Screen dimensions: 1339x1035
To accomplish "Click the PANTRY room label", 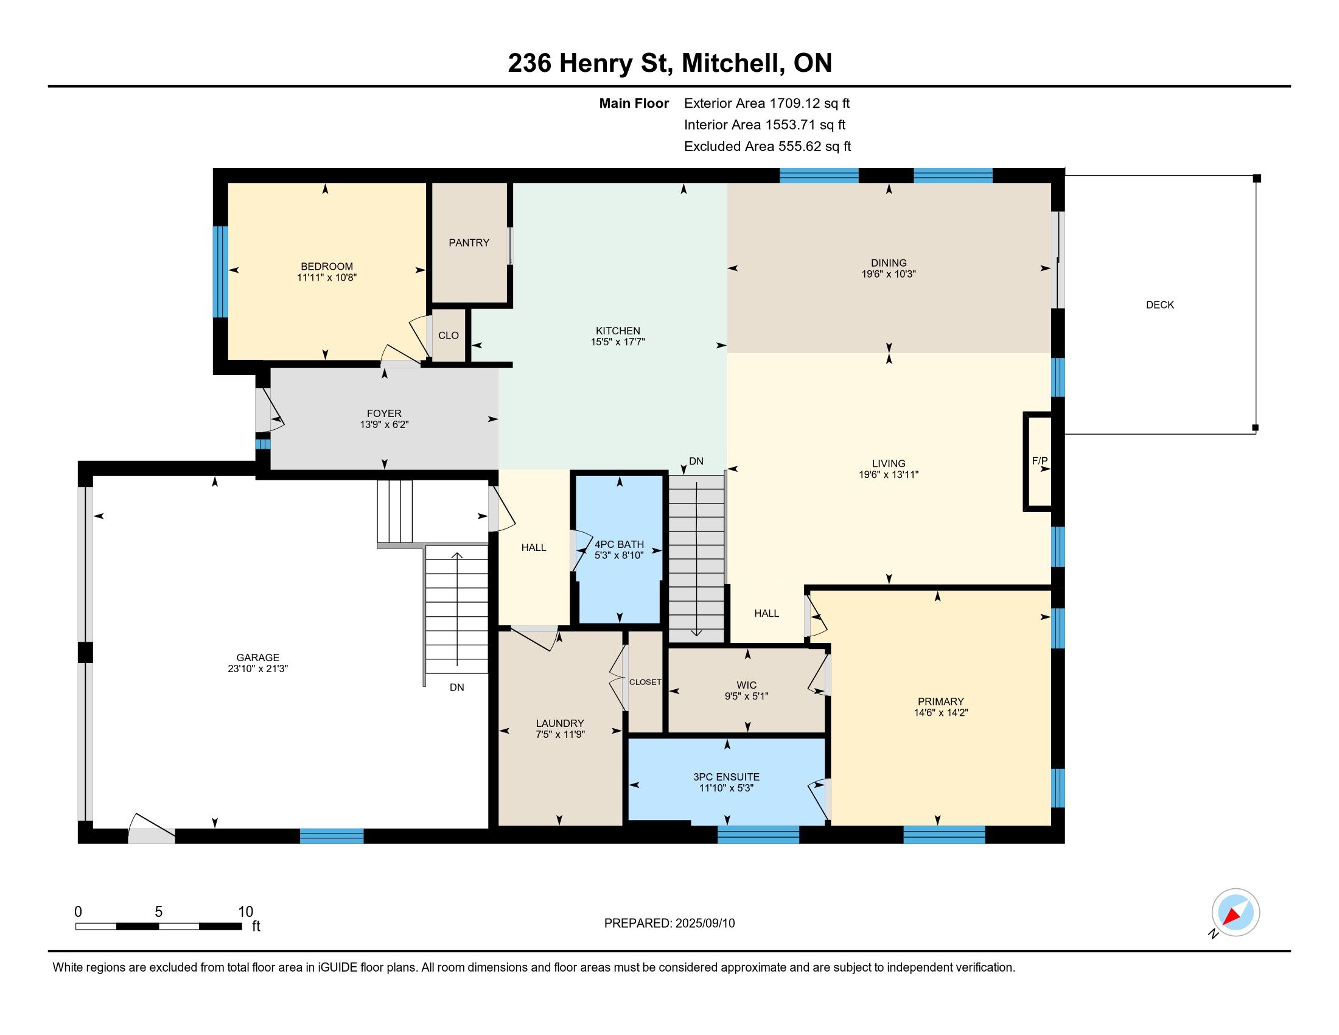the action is [x=469, y=243].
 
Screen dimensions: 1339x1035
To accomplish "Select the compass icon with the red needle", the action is [x=1236, y=913].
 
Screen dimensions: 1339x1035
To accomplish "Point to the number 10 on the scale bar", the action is [x=245, y=911].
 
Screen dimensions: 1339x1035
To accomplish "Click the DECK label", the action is [x=1160, y=305].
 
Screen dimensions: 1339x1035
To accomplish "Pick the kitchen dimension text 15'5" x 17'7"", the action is [x=618, y=342].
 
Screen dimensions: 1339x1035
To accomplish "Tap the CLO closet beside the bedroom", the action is [x=449, y=335].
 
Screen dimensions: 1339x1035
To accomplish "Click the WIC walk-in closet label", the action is [x=747, y=685].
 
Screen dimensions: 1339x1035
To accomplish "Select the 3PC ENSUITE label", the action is [x=727, y=777].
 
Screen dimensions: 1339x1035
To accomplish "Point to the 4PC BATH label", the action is [x=619, y=544].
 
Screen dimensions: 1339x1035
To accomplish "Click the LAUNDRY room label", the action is [x=560, y=723].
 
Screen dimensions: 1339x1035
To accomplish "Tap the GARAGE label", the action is [x=258, y=658].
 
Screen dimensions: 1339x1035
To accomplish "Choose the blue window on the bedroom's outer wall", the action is [x=220, y=272].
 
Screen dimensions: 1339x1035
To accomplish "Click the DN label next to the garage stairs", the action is [x=456, y=687].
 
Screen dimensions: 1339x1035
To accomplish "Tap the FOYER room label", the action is [x=385, y=414].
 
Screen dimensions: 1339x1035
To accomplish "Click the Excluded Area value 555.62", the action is [x=800, y=147].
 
